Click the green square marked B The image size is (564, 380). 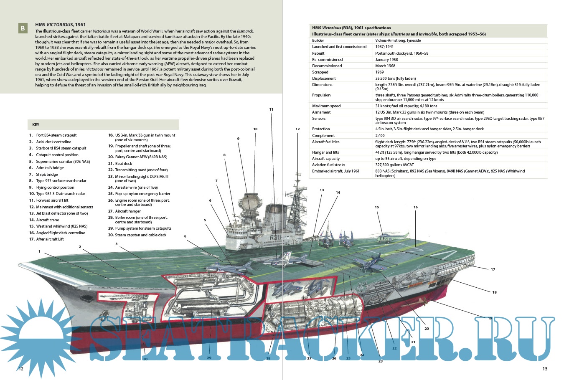click(23, 28)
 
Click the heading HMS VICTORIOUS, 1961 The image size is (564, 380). click(61, 25)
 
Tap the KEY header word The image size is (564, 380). click(36, 125)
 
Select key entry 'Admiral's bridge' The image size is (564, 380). click(50, 168)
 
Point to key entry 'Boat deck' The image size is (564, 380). click(123, 164)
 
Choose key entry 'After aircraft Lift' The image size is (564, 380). click(50, 239)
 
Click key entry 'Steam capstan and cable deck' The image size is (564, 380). click(140, 235)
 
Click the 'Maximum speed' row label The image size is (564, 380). click(326, 106)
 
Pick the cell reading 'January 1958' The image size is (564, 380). click(386, 60)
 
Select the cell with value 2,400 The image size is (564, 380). click(380, 136)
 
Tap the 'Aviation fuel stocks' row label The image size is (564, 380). click(329, 165)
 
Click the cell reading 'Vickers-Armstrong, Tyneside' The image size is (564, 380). click(398, 41)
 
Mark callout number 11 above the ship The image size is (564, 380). click(271, 109)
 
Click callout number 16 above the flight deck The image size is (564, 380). click(416, 207)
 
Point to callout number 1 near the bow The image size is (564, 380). click(40, 251)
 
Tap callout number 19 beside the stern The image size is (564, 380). click(490, 318)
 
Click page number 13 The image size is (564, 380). click(545, 369)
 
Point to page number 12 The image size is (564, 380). click(21, 369)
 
